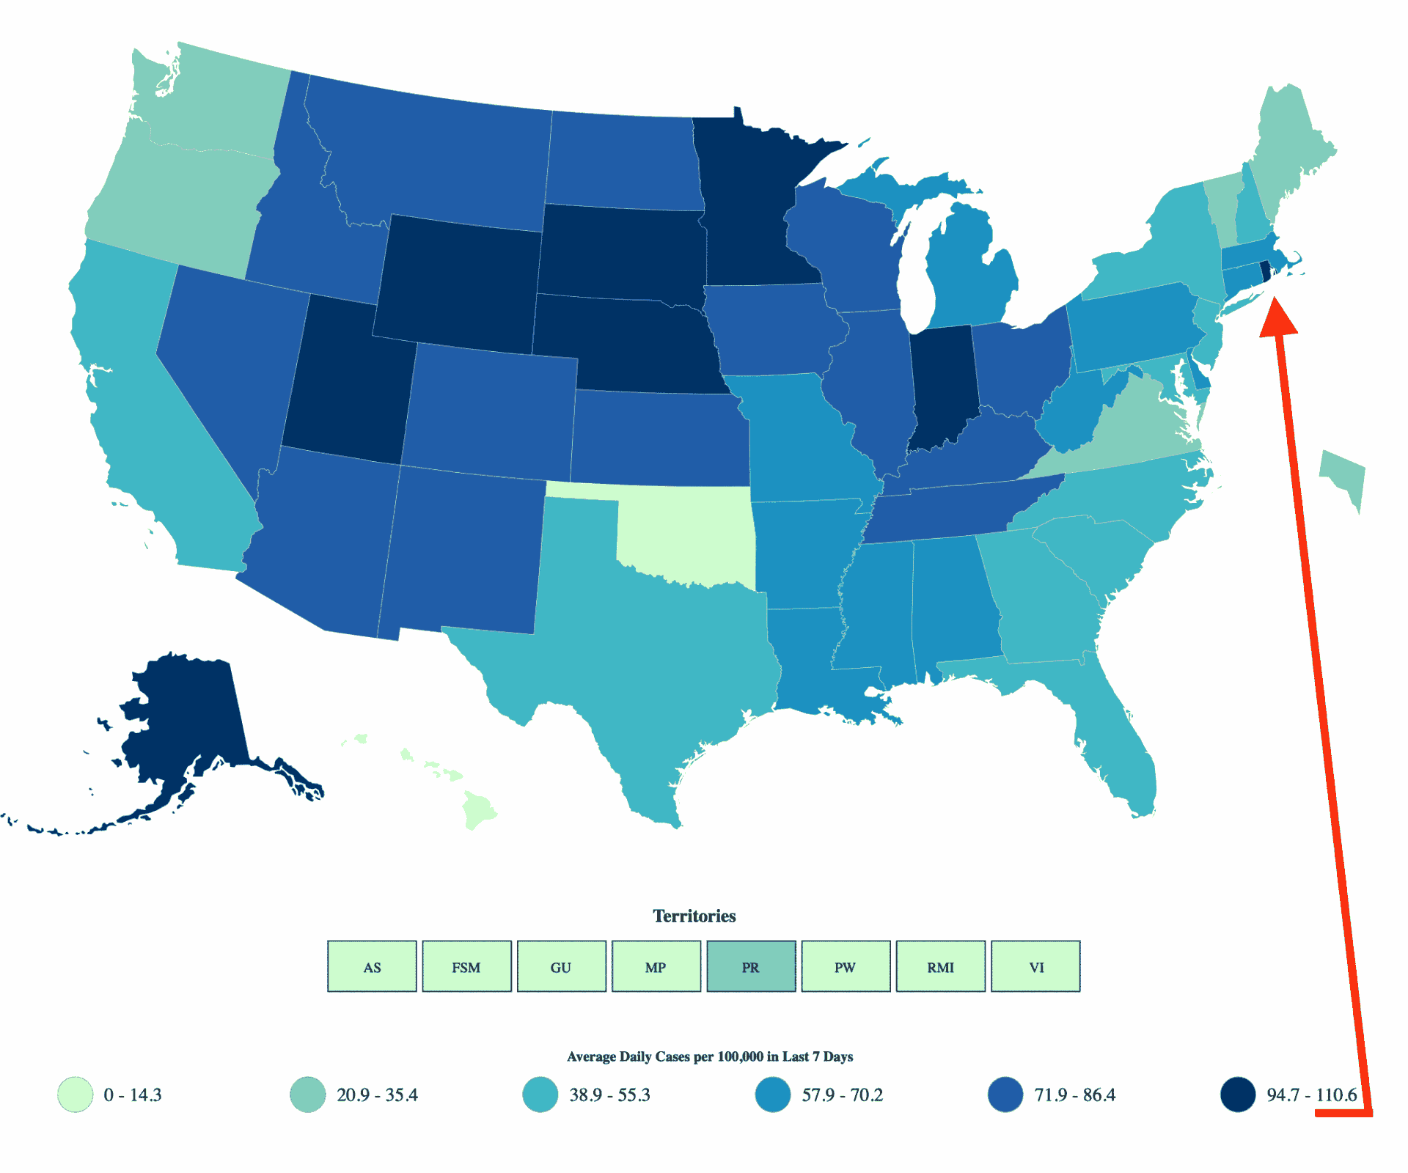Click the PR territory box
751,966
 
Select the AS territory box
372,966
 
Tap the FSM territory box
466,966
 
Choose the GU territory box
561,966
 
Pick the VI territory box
1035,966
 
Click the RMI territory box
940,966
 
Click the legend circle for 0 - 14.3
76,1095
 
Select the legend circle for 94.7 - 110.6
1238,1095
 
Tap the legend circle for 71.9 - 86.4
1005,1095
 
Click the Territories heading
694,916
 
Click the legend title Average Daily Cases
709,1056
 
